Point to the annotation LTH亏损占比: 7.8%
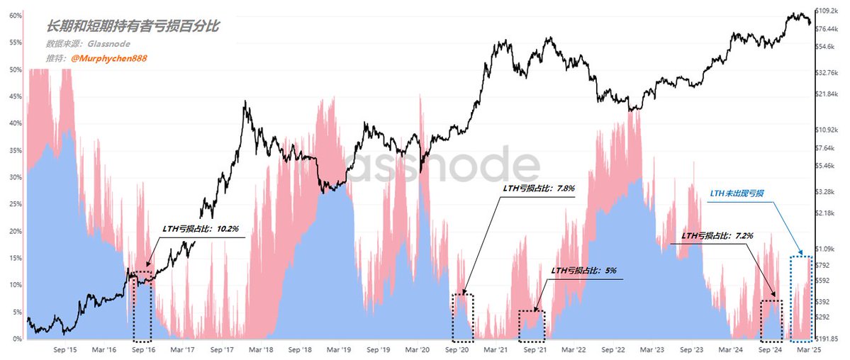tap(538, 189)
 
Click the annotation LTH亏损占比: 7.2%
tap(717, 235)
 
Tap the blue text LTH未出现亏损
tap(741, 193)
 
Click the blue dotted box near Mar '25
tap(800, 298)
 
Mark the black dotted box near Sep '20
tap(462, 317)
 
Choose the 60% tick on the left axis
tap(12, 16)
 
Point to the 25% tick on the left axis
tap(12, 205)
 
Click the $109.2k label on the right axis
tap(827, 11)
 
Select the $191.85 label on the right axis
tap(827, 339)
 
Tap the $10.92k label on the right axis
tap(827, 130)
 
